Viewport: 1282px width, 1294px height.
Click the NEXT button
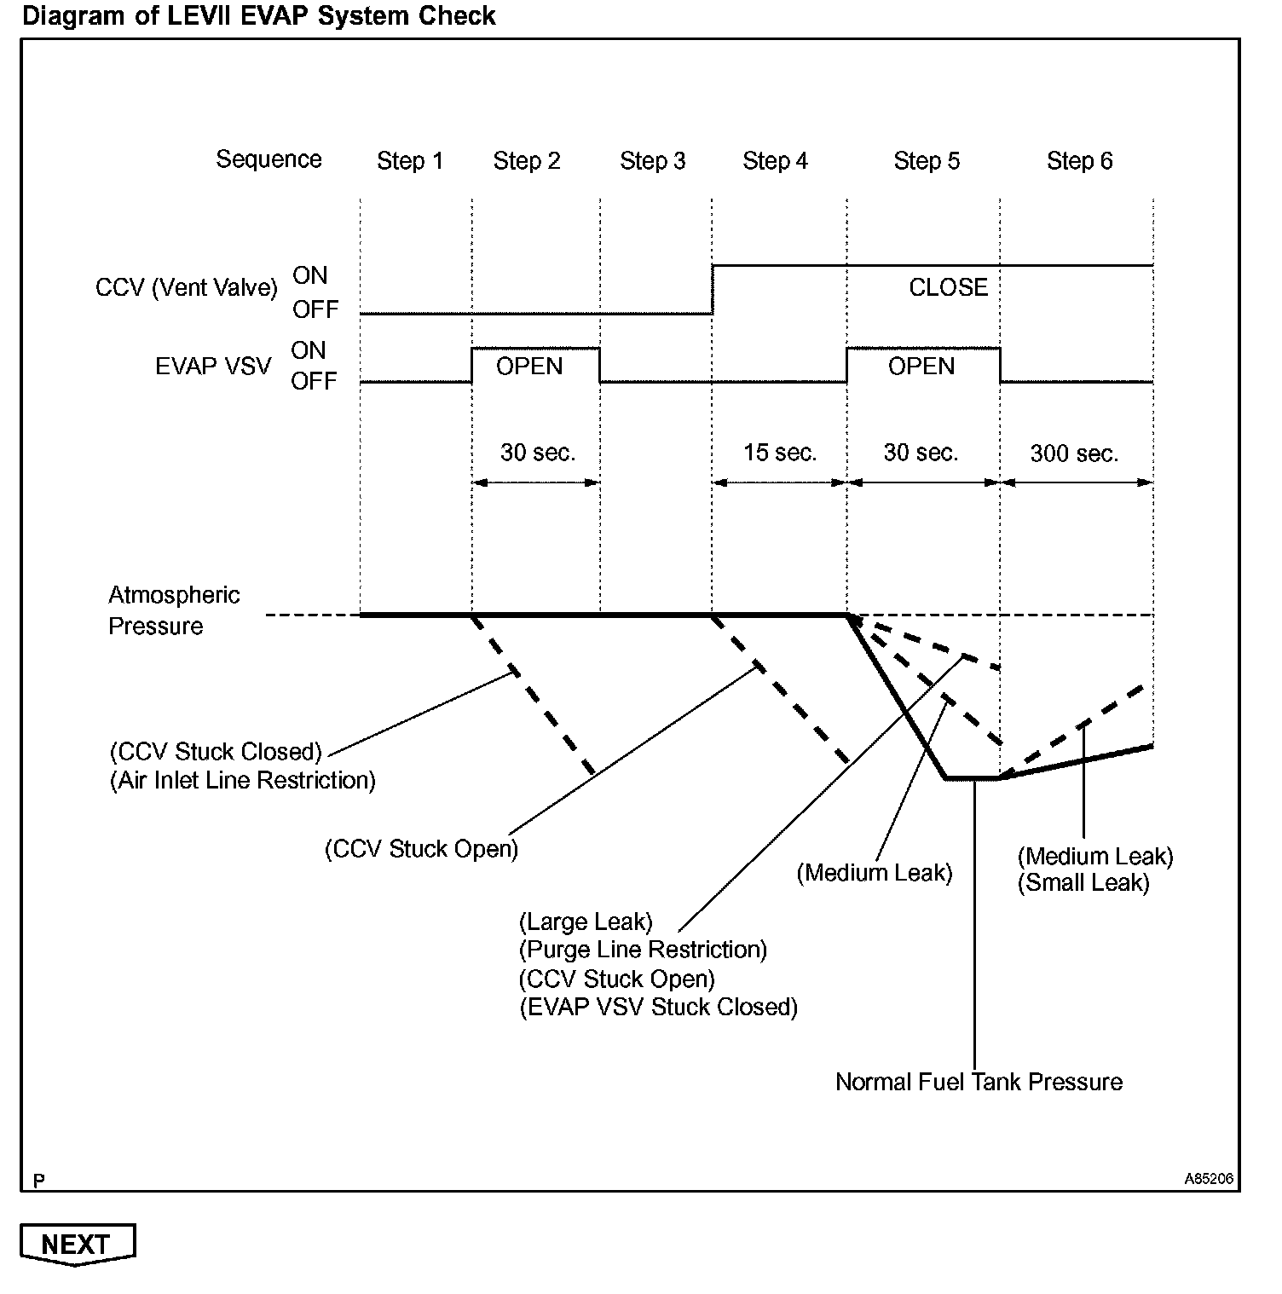click(77, 1245)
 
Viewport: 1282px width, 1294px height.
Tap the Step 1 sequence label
click(410, 161)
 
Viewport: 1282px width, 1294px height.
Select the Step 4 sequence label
click(775, 161)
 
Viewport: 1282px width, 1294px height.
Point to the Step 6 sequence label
click(1079, 161)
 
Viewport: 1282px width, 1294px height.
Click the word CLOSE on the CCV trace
click(948, 287)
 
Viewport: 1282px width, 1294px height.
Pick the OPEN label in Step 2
click(529, 367)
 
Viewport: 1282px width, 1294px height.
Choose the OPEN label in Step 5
click(921, 367)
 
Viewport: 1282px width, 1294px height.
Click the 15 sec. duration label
click(779, 453)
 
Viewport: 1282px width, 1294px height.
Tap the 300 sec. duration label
click(1074, 453)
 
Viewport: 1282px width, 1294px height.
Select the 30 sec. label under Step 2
click(537, 453)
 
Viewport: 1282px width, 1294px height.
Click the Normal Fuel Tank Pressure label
click(979, 1082)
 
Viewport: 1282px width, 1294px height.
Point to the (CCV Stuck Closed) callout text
click(216, 752)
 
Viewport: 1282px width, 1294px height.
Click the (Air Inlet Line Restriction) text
click(243, 780)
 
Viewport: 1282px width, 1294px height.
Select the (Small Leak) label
click(1083, 882)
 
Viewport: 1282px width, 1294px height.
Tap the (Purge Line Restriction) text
click(643, 950)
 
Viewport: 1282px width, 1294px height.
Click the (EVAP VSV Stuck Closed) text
click(658, 1007)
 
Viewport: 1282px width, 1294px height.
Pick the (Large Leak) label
click(586, 921)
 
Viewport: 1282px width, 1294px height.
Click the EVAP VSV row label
click(213, 367)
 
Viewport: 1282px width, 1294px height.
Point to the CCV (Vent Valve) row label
click(187, 288)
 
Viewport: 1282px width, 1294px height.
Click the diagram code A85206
click(1209, 1179)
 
